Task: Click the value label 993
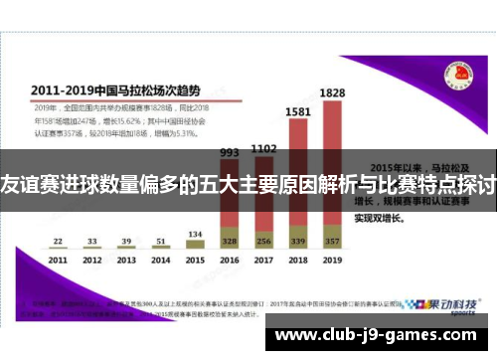[x=229, y=152]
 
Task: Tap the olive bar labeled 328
[x=229, y=241]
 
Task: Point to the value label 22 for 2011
[x=59, y=240]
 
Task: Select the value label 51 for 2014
[x=159, y=240]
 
